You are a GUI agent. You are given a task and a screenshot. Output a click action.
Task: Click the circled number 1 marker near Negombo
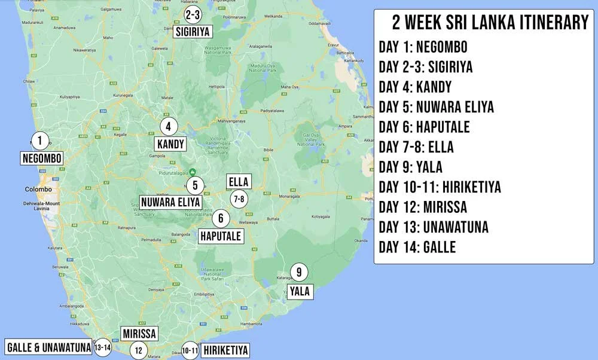click(x=39, y=141)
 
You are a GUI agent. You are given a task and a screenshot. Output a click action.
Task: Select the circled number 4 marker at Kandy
click(x=169, y=126)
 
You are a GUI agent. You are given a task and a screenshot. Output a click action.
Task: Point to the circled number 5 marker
click(x=195, y=185)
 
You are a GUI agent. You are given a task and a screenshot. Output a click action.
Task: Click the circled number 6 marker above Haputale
click(x=221, y=219)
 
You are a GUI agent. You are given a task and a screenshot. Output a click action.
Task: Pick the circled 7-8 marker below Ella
click(x=239, y=199)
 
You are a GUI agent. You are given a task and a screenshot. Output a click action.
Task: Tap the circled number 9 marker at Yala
click(x=299, y=273)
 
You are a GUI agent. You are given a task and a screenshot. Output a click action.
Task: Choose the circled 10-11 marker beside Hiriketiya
click(x=190, y=350)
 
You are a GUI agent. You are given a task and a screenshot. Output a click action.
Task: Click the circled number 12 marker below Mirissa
click(x=138, y=350)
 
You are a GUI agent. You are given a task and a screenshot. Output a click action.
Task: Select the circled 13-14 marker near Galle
click(x=103, y=347)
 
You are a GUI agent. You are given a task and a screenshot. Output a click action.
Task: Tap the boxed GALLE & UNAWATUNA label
click(x=49, y=347)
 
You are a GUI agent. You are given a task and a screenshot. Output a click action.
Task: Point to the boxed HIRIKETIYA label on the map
click(x=225, y=350)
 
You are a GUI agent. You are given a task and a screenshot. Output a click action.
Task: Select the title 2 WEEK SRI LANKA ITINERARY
click(x=490, y=23)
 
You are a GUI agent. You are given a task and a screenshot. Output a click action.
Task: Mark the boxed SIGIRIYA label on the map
click(x=193, y=31)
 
